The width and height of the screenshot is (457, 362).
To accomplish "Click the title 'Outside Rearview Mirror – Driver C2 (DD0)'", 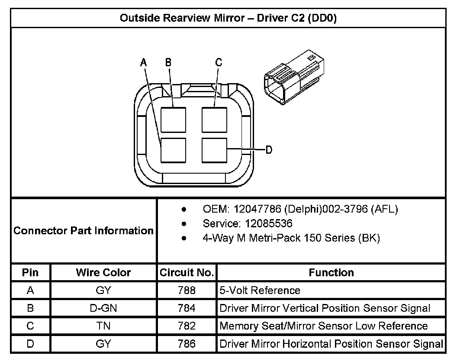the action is tap(228, 18).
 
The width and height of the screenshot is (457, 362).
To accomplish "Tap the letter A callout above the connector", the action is tap(143, 62).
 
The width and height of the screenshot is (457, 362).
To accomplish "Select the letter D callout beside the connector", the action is tap(269, 150).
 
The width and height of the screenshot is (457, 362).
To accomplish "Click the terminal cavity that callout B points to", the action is tap(174, 120).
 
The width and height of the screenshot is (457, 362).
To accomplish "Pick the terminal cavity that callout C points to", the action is tap(215, 120).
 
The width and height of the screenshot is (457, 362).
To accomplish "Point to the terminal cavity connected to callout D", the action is tap(215, 151).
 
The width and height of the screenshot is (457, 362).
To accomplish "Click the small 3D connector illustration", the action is tap(294, 77).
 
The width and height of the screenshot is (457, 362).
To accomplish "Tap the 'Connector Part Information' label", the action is tap(84, 231).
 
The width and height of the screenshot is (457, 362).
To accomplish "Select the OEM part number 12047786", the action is tap(257, 209).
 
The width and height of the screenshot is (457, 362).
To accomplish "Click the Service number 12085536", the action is tap(269, 224).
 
